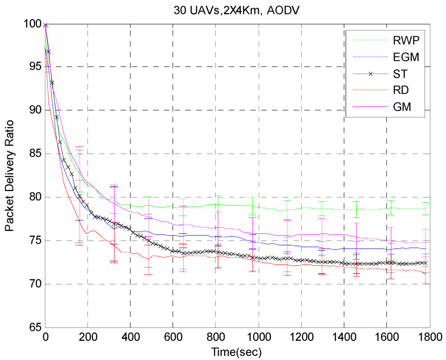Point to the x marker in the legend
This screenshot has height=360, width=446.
[371, 74]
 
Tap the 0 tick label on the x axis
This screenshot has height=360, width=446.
[45, 337]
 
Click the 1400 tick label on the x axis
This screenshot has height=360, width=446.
[344, 337]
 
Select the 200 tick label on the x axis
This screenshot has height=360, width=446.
[88, 337]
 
